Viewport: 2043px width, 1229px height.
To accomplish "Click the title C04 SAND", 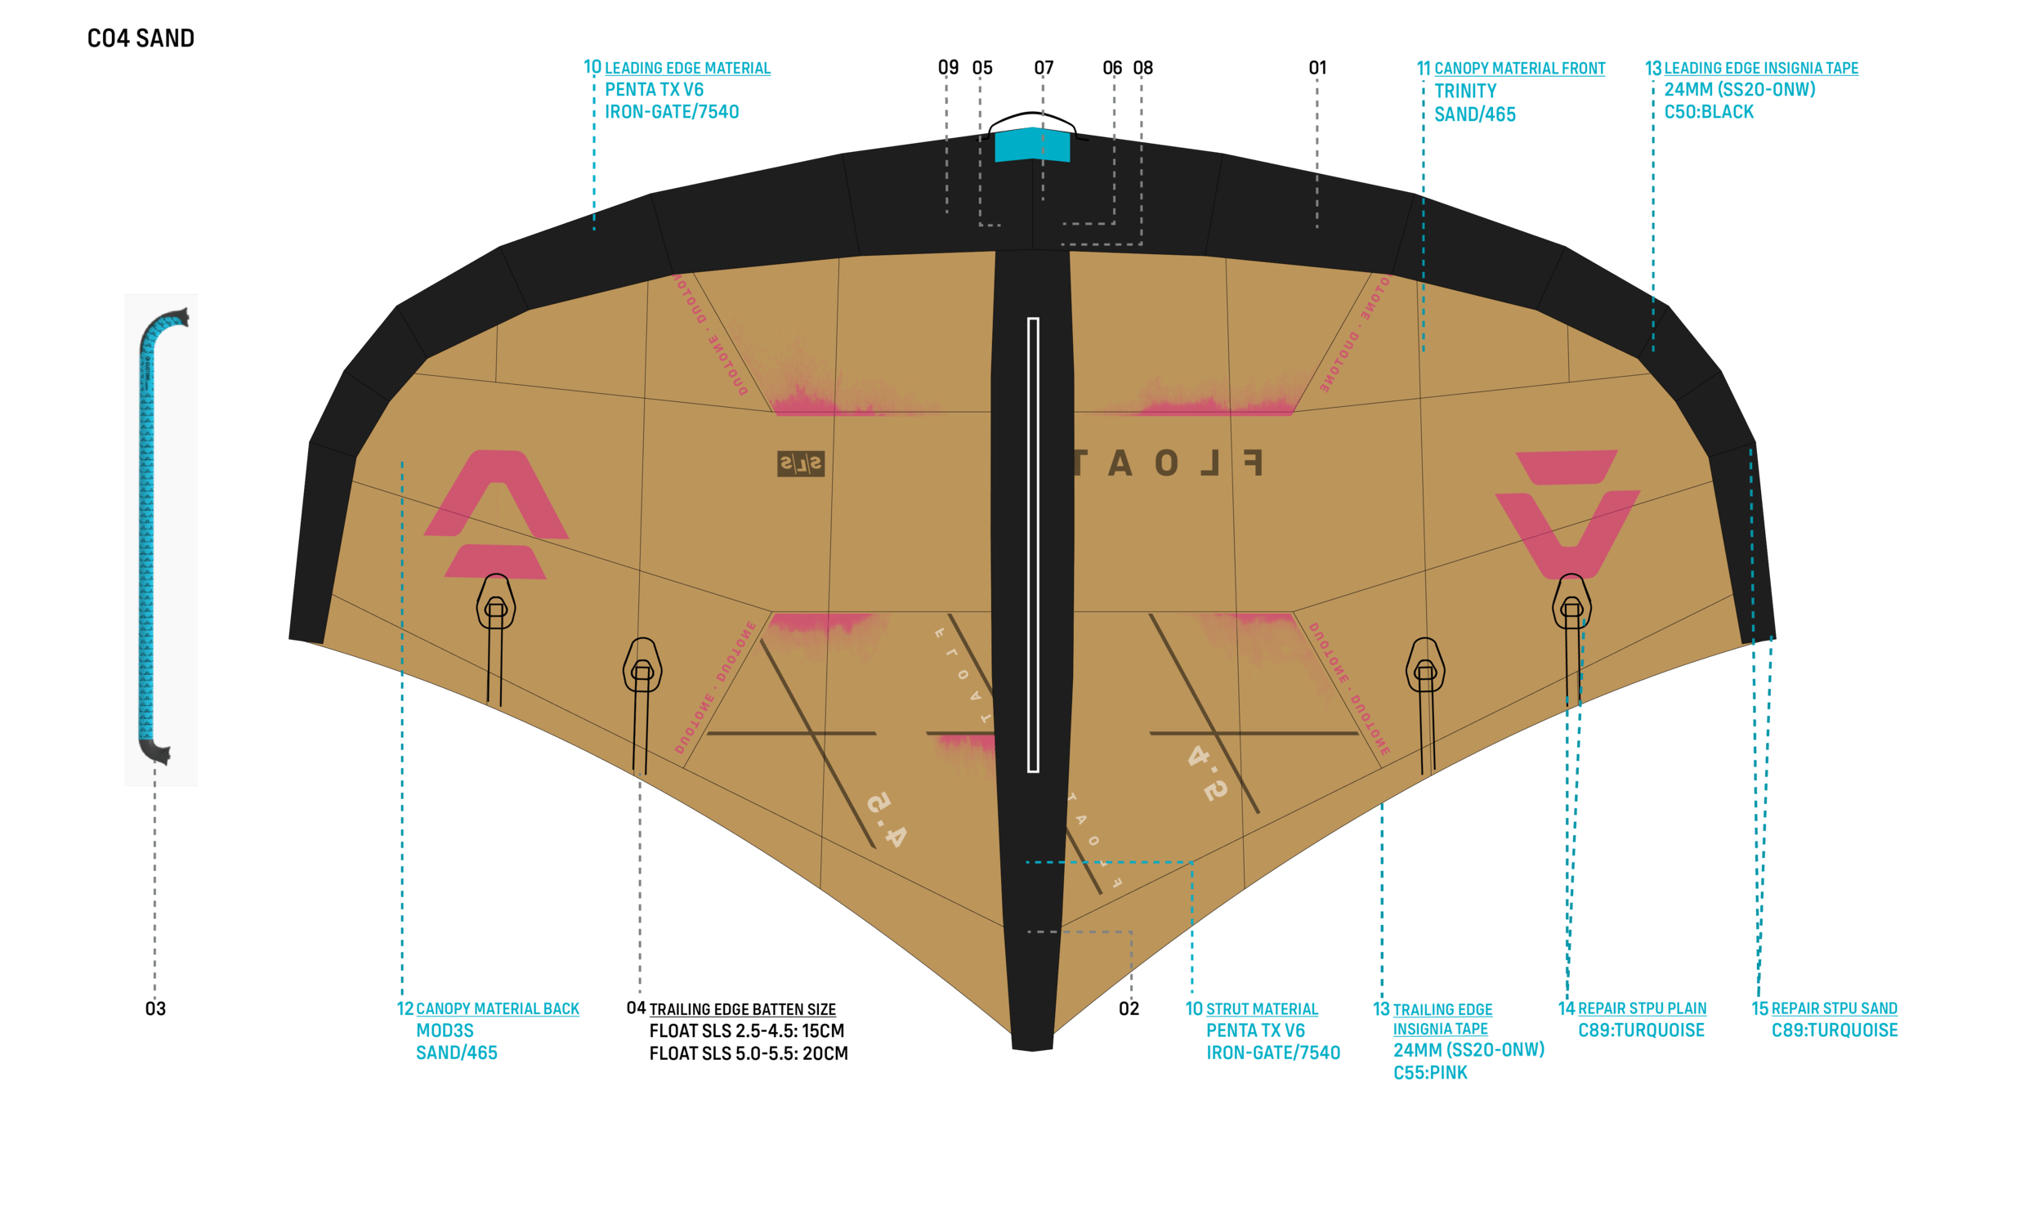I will click(x=141, y=38).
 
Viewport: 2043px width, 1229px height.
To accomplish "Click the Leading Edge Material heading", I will click(x=686, y=68).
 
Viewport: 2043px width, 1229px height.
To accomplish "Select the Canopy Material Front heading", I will click(x=1519, y=68).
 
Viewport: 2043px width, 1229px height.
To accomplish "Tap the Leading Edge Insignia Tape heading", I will click(x=1760, y=68).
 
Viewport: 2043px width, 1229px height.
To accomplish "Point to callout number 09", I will click(x=947, y=67).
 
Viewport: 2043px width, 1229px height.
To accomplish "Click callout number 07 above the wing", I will click(x=1044, y=67).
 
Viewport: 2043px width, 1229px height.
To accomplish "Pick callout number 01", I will click(x=1317, y=67).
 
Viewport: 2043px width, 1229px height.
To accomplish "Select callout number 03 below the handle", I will click(x=155, y=1008).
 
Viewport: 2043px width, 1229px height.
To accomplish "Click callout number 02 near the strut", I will click(x=1129, y=1008).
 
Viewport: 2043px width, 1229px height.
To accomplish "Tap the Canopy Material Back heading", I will click(x=497, y=1008).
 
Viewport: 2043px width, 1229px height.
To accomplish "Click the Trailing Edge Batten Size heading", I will click(x=742, y=1009).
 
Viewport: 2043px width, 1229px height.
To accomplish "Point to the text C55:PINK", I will click(x=1430, y=1072).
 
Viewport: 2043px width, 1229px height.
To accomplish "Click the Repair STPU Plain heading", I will click(x=1642, y=1008).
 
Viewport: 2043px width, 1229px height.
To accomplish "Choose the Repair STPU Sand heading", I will click(x=1834, y=1008).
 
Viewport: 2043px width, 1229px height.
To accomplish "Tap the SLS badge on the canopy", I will click(x=800, y=464).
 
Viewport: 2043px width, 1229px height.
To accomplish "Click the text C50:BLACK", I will click(x=1709, y=112).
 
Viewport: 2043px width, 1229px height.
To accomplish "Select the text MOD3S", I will click(x=445, y=1030).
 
